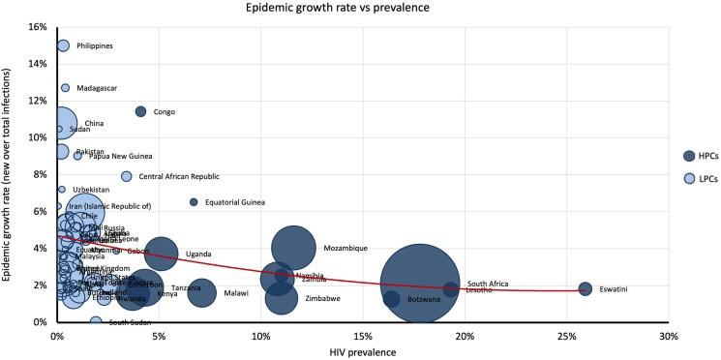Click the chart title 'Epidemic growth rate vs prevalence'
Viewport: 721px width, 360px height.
pyautogui.click(x=360, y=8)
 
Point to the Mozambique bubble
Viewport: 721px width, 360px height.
pyautogui.click(x=294, y=248)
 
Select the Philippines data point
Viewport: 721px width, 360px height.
pyautogui.click(x=63, y=45)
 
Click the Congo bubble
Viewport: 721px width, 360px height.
pyautogui.click(x=140, y=111)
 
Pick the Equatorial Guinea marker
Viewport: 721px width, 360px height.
pyautogui.click(x=194, y=202)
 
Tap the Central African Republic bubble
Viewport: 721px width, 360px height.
pyautogui.click(x=127, y=176)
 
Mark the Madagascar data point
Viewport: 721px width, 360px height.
pyautogui.click(x=65, y=88)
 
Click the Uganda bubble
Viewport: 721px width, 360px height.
pyautogui.click(x=161, y=254)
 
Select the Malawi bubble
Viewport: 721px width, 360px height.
pyautogui.click(x=201, y=292)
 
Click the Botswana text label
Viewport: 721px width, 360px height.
pyautogui.click(x=424, y=300)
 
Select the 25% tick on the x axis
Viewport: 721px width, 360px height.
pyautogui.click(x=566, y=336)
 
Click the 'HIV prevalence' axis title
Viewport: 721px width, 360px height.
pyautogui.click(x=361, y=352)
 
